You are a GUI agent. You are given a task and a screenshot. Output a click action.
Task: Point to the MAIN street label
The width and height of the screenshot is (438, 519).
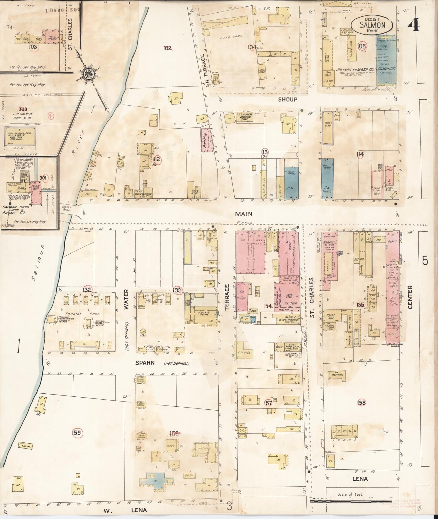pyautogui.click(x=244, y=214)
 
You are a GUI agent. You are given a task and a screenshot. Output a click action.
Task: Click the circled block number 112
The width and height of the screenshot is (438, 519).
pyautogui.click(x=157, y=160)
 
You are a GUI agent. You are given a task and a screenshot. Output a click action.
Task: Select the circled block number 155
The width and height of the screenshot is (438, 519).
pyautogui.click(x=77, y=432)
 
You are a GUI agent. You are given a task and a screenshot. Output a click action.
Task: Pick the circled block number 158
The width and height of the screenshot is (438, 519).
pyautogui.click(x=361, y=403)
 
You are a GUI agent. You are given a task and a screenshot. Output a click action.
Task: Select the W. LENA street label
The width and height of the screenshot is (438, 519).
pyautogui.click(x=125, y=510)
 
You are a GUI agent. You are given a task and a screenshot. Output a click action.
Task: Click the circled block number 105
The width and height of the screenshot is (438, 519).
pyautogui.click(x=362, y=46)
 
